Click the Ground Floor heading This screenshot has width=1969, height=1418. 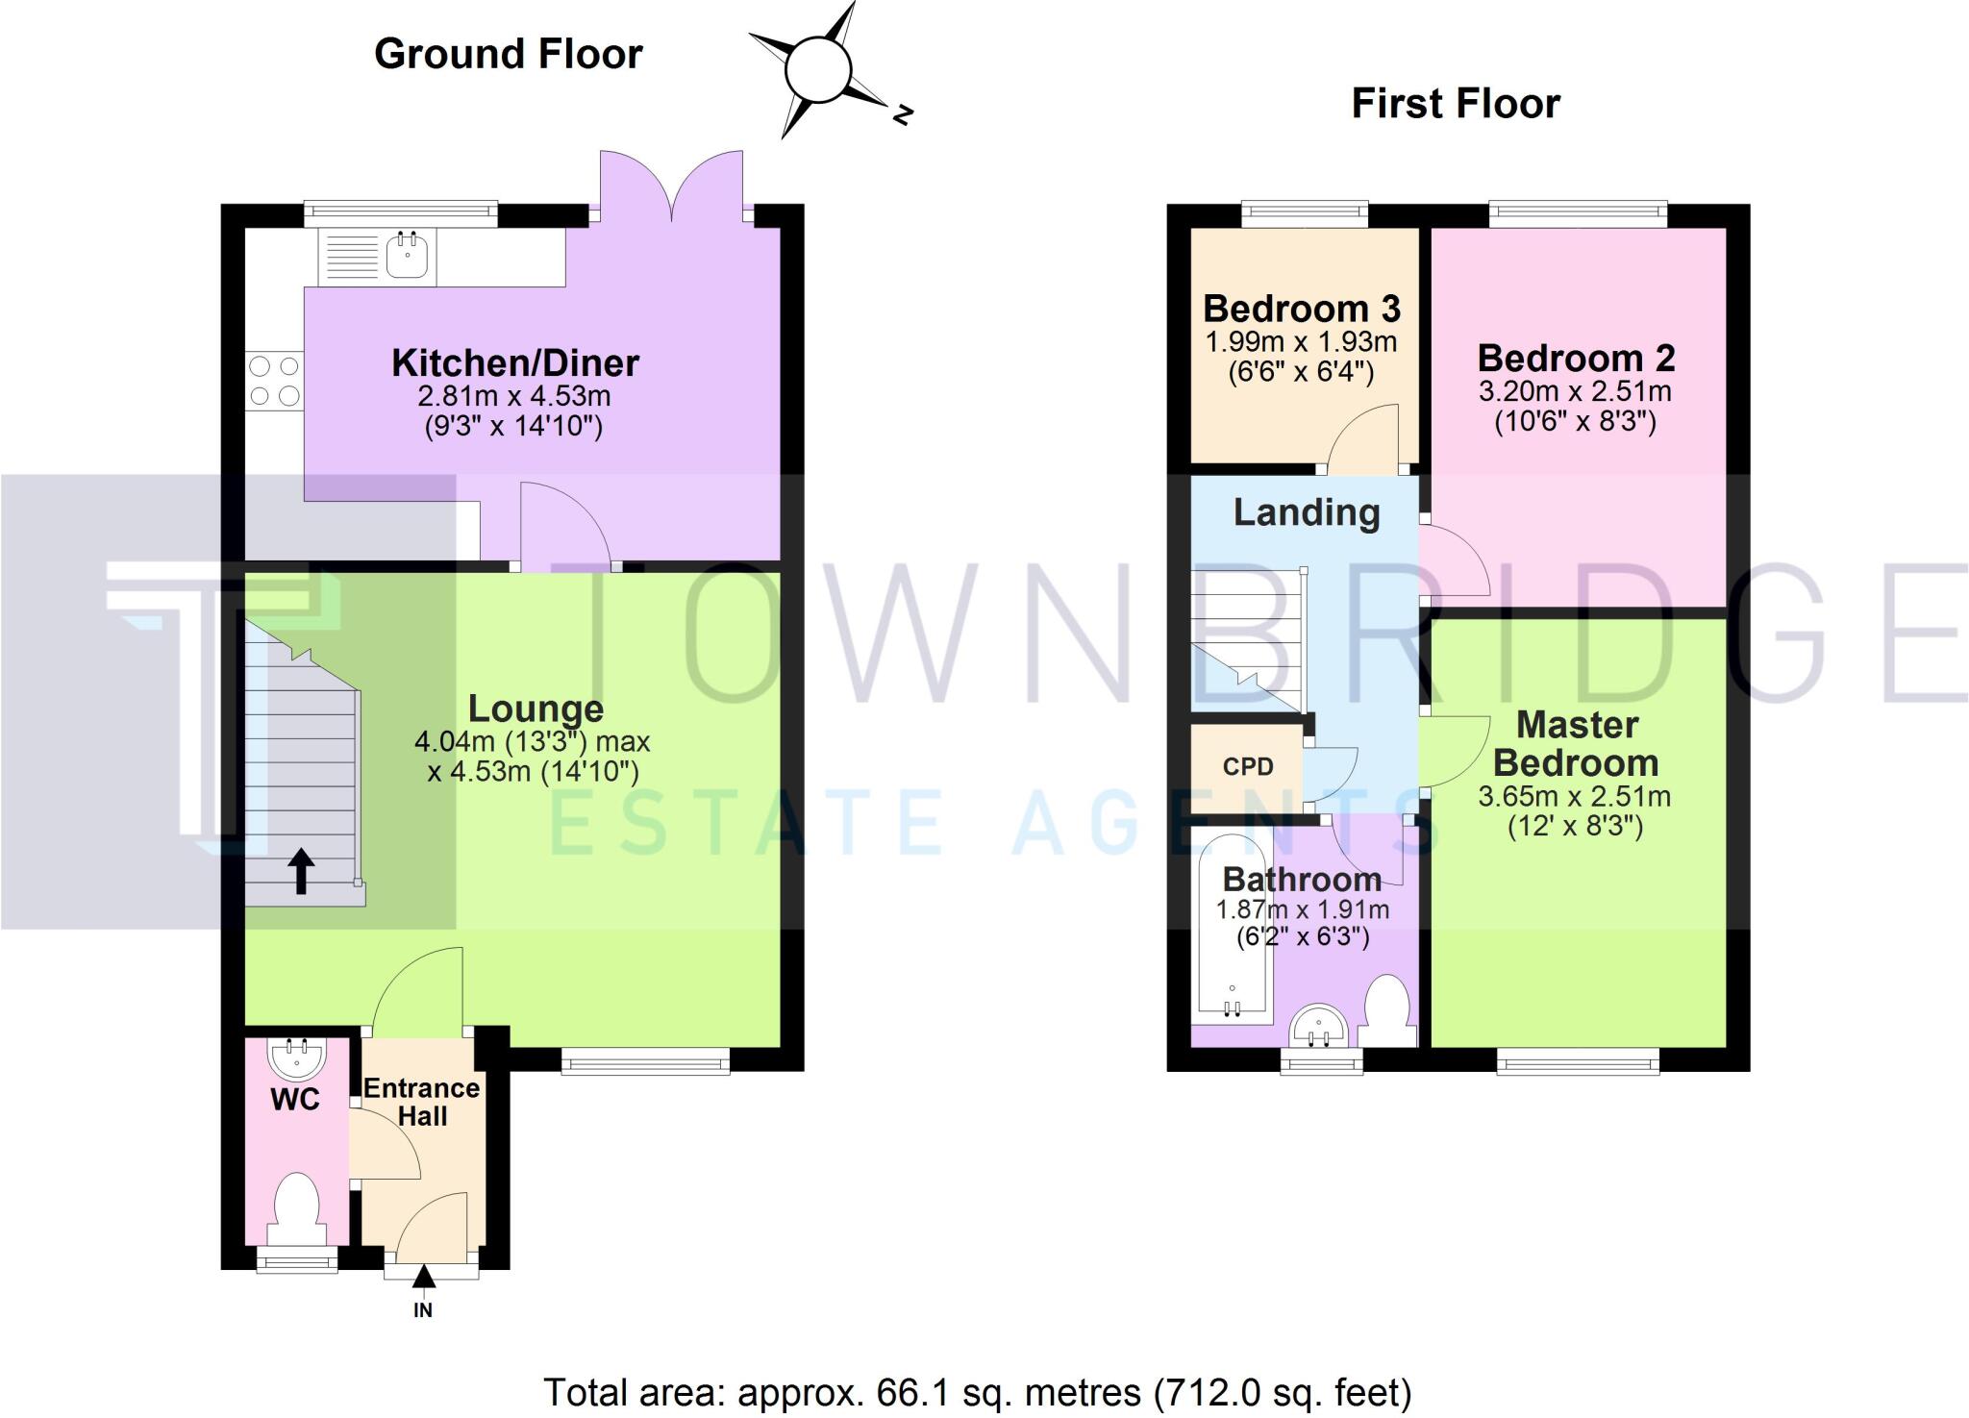[508, 54]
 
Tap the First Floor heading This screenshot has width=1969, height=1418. [1456, 104]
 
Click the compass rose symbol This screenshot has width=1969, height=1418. [819, 70]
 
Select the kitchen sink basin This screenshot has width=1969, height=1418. [408, 256]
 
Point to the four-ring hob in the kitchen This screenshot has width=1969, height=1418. [274, 381]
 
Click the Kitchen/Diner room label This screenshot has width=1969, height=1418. [514, 363]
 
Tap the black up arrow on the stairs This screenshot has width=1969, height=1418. [302, 871]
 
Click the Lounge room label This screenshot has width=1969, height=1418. [536, 709]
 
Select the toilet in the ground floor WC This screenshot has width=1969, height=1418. [296, 1207]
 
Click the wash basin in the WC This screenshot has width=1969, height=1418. [296, 1057]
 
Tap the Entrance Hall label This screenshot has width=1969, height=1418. [422, 1102]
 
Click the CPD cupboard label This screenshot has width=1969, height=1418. [1248, 767]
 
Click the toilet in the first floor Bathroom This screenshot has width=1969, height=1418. [1387, 1009]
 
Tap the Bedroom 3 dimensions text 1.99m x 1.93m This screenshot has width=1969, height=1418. [1301, 342]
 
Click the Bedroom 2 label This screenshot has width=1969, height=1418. [1576, 359]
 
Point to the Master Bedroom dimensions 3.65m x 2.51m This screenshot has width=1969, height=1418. [1574, 797]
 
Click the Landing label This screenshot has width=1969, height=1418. [1307, 512]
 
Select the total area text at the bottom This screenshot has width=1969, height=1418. [978, 1392]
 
